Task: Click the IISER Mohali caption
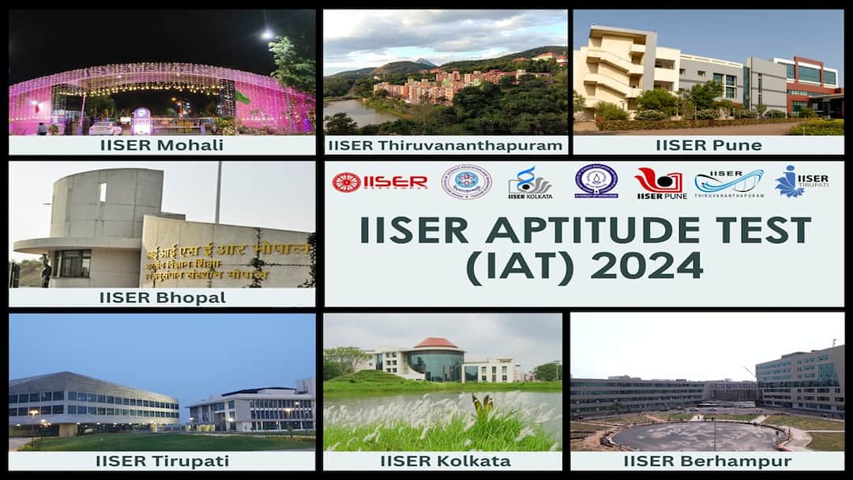pyautogui.click(x=162, y=145)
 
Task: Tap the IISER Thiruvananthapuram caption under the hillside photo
pyautogui.click(x=445, y=145)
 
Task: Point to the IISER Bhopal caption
pyautogui.click(x=162, y=298)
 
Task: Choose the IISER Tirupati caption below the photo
pyautogui.click(x=162, y=461)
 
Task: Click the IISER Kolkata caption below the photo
pyautogui.click(x=445, y=461)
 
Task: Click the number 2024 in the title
pyautogui.click(x=647, y=266)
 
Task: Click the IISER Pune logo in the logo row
pyautogui.click(x=660, y=183)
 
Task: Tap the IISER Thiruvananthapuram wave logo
pyautogui.click(x=728, y=183)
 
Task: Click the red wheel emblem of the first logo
pyautogui.click(x=346, y=182)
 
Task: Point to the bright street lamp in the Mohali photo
pyautogui.click(x=267, y=35)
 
